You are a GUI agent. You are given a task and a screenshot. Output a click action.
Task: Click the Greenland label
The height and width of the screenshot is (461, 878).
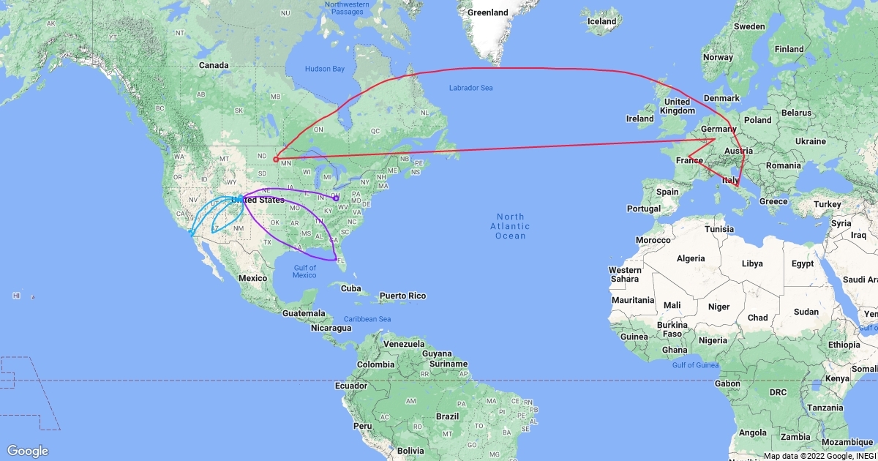488,12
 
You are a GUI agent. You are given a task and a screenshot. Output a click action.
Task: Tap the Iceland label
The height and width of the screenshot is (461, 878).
601,21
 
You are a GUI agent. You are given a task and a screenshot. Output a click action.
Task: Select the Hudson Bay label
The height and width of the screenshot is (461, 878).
324,69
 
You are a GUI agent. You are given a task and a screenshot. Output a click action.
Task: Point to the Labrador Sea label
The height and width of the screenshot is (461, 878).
471,89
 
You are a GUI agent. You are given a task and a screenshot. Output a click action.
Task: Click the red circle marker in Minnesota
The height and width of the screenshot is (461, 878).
276,159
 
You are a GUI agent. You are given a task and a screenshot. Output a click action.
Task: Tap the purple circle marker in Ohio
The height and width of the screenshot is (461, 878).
336,198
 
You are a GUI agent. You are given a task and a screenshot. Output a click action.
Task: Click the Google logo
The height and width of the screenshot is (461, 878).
29,451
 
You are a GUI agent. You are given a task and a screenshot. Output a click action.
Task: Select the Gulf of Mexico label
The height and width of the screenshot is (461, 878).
304,271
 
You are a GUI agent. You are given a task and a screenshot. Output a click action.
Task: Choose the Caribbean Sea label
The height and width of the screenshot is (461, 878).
367,319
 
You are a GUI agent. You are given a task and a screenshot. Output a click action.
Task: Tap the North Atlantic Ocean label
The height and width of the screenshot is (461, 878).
510,226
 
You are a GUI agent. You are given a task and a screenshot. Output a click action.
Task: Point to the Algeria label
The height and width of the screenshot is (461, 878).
691,258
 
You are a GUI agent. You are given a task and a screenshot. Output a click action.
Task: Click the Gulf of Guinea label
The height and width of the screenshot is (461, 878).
691,364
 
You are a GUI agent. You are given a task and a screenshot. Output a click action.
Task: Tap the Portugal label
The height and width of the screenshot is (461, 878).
645,209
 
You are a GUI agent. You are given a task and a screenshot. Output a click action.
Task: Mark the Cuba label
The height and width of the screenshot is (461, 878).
351,288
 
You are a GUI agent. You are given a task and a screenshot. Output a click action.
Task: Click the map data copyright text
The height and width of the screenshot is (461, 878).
819,456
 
